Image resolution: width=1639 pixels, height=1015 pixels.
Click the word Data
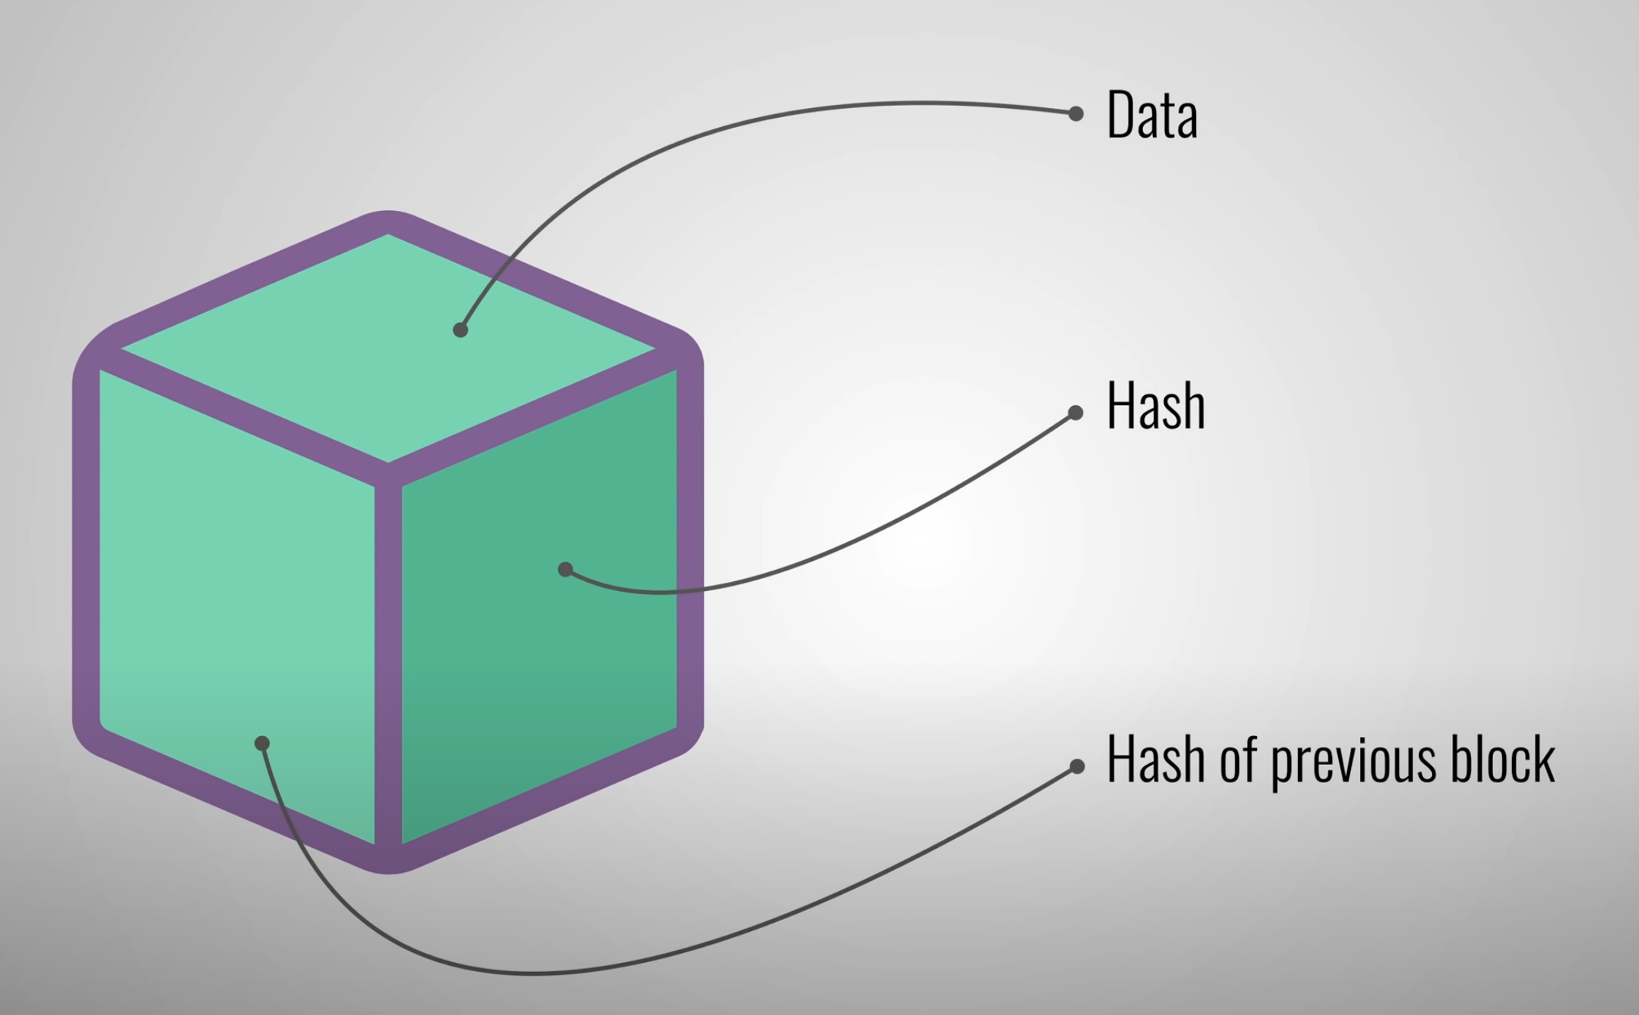click(1152, 115)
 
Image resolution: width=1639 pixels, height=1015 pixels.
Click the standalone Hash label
click(1155, 407)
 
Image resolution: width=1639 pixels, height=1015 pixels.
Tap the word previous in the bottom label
click(1353, 762)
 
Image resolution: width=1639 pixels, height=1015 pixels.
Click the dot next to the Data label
click(1076, 113)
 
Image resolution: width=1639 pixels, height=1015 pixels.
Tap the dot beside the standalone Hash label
click(1076, 413)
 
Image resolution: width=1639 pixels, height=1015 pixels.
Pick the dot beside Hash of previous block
click(1077, 767)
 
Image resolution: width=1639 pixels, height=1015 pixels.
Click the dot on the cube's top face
click(460, 330)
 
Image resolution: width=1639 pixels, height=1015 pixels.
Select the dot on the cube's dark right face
click(565, 569)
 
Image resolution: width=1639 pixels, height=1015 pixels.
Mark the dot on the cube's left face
click(262, 744)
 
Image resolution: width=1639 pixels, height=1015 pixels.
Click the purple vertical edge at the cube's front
click(388, 665)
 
